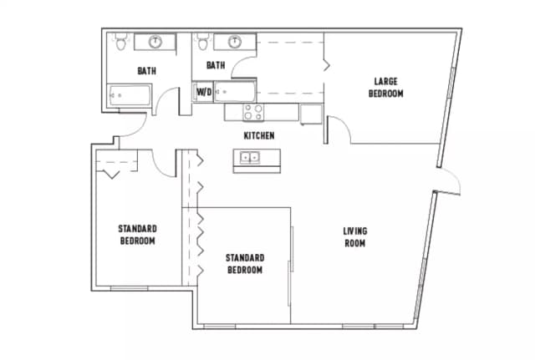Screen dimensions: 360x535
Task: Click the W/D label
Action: click(203, 92)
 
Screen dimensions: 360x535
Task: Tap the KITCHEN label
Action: click(258, 135)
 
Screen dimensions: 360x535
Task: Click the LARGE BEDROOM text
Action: click(385, 88)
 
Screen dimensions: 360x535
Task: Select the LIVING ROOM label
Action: click(354, 237)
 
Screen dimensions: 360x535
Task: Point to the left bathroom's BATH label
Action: click(147, 71)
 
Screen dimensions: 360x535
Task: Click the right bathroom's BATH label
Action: click(216, 65)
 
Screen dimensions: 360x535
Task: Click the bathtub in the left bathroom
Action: click(128, 96)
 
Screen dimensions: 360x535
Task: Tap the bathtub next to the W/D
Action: click(234, 92)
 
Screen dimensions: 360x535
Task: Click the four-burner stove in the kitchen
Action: click(253, 111)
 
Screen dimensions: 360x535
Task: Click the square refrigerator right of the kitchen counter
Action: click(311, 114)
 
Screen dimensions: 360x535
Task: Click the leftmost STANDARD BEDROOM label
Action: click(137, 235)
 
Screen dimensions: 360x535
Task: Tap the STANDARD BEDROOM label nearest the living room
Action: click(245, 264)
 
